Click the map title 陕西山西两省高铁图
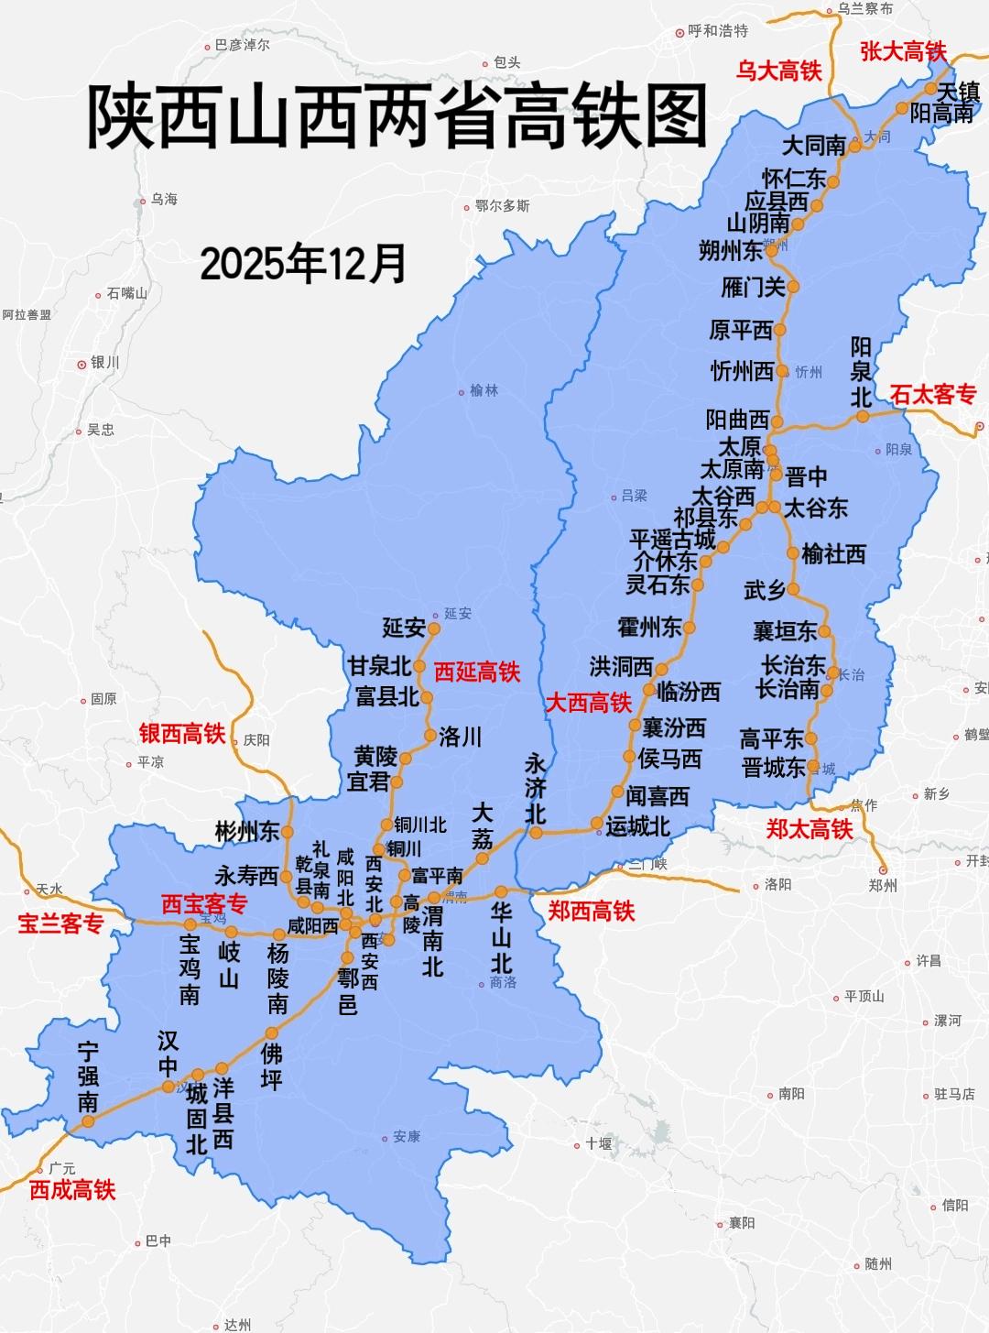click(x=397, y=117)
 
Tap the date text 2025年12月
click(x=303, y=264)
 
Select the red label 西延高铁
click(x=476, y=672)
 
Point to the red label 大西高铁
click(x=589, y=703)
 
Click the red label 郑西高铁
click(x=592, y=911)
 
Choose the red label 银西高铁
click(x=181, y=733)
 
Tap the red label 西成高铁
click(x=72, y=1190)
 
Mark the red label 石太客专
click(x=933, y=395)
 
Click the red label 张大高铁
click(x=903, y=52)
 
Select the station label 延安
click(x=404, y=628)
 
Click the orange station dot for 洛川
click(x=430, y=735)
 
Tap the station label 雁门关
click(x=753, y=288)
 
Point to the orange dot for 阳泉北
click(x=863, y=417)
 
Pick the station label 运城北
click(x=638, y=826)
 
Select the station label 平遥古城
click(x=672, y=539)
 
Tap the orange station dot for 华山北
click(x=501, y=891)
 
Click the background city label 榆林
click(x=484, y=391)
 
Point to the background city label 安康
click(x=406, y=1137)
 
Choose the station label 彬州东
click(x=247, y=831)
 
